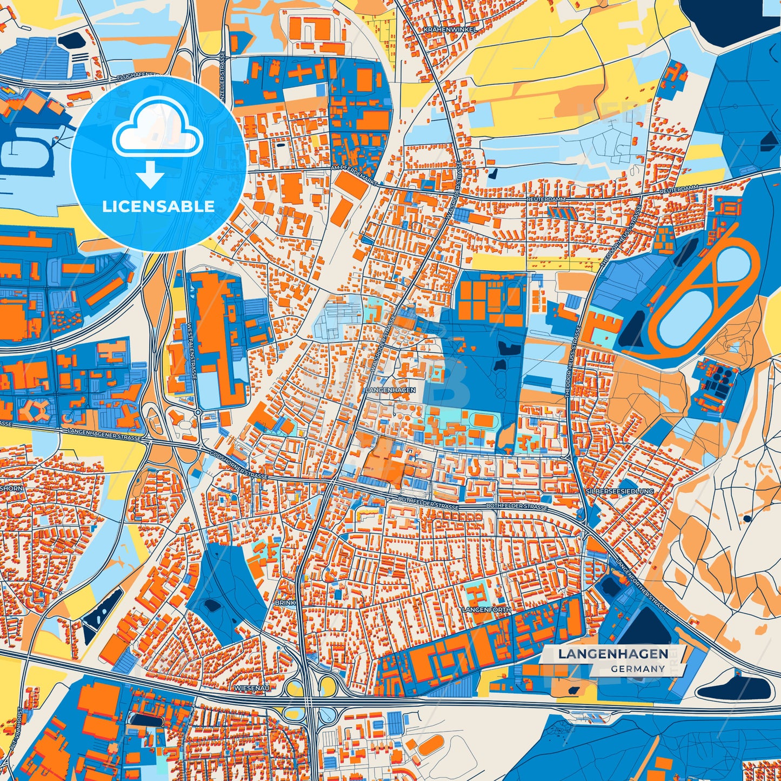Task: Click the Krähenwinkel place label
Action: [450, 30]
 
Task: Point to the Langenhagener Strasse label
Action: [104, 435]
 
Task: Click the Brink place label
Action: [285, 602]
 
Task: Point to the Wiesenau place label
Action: [252, 688]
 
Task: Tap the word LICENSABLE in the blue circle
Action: [158, 206]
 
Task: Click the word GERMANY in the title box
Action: [638, 669]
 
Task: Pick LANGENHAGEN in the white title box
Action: [613, 654]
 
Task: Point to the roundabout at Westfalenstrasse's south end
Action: [198, 412]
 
